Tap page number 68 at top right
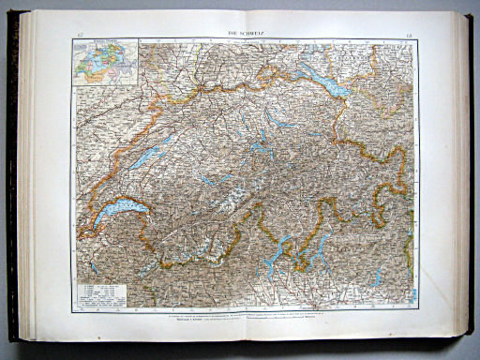406,36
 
